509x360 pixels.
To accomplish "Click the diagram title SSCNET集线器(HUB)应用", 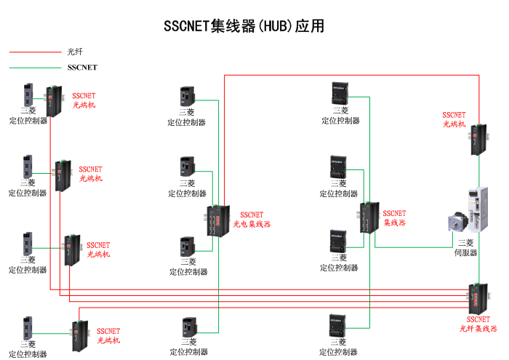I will tap(244, 26).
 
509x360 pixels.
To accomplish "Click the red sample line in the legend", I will tap(35, 52).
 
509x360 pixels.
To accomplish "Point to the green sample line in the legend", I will tap(35, 68).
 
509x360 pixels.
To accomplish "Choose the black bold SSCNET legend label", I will tap(81, 68).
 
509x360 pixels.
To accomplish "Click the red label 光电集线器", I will tap(251, 224).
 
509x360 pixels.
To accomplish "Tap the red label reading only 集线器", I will tap(396, 223).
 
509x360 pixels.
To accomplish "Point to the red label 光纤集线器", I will tap(478, 329).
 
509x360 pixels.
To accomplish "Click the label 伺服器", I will tap(465, 252).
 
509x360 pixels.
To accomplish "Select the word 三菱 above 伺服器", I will tap(465, 243).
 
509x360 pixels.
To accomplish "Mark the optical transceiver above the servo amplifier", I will tap(477, 140).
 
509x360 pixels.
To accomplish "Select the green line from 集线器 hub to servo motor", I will tap(414, 247).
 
